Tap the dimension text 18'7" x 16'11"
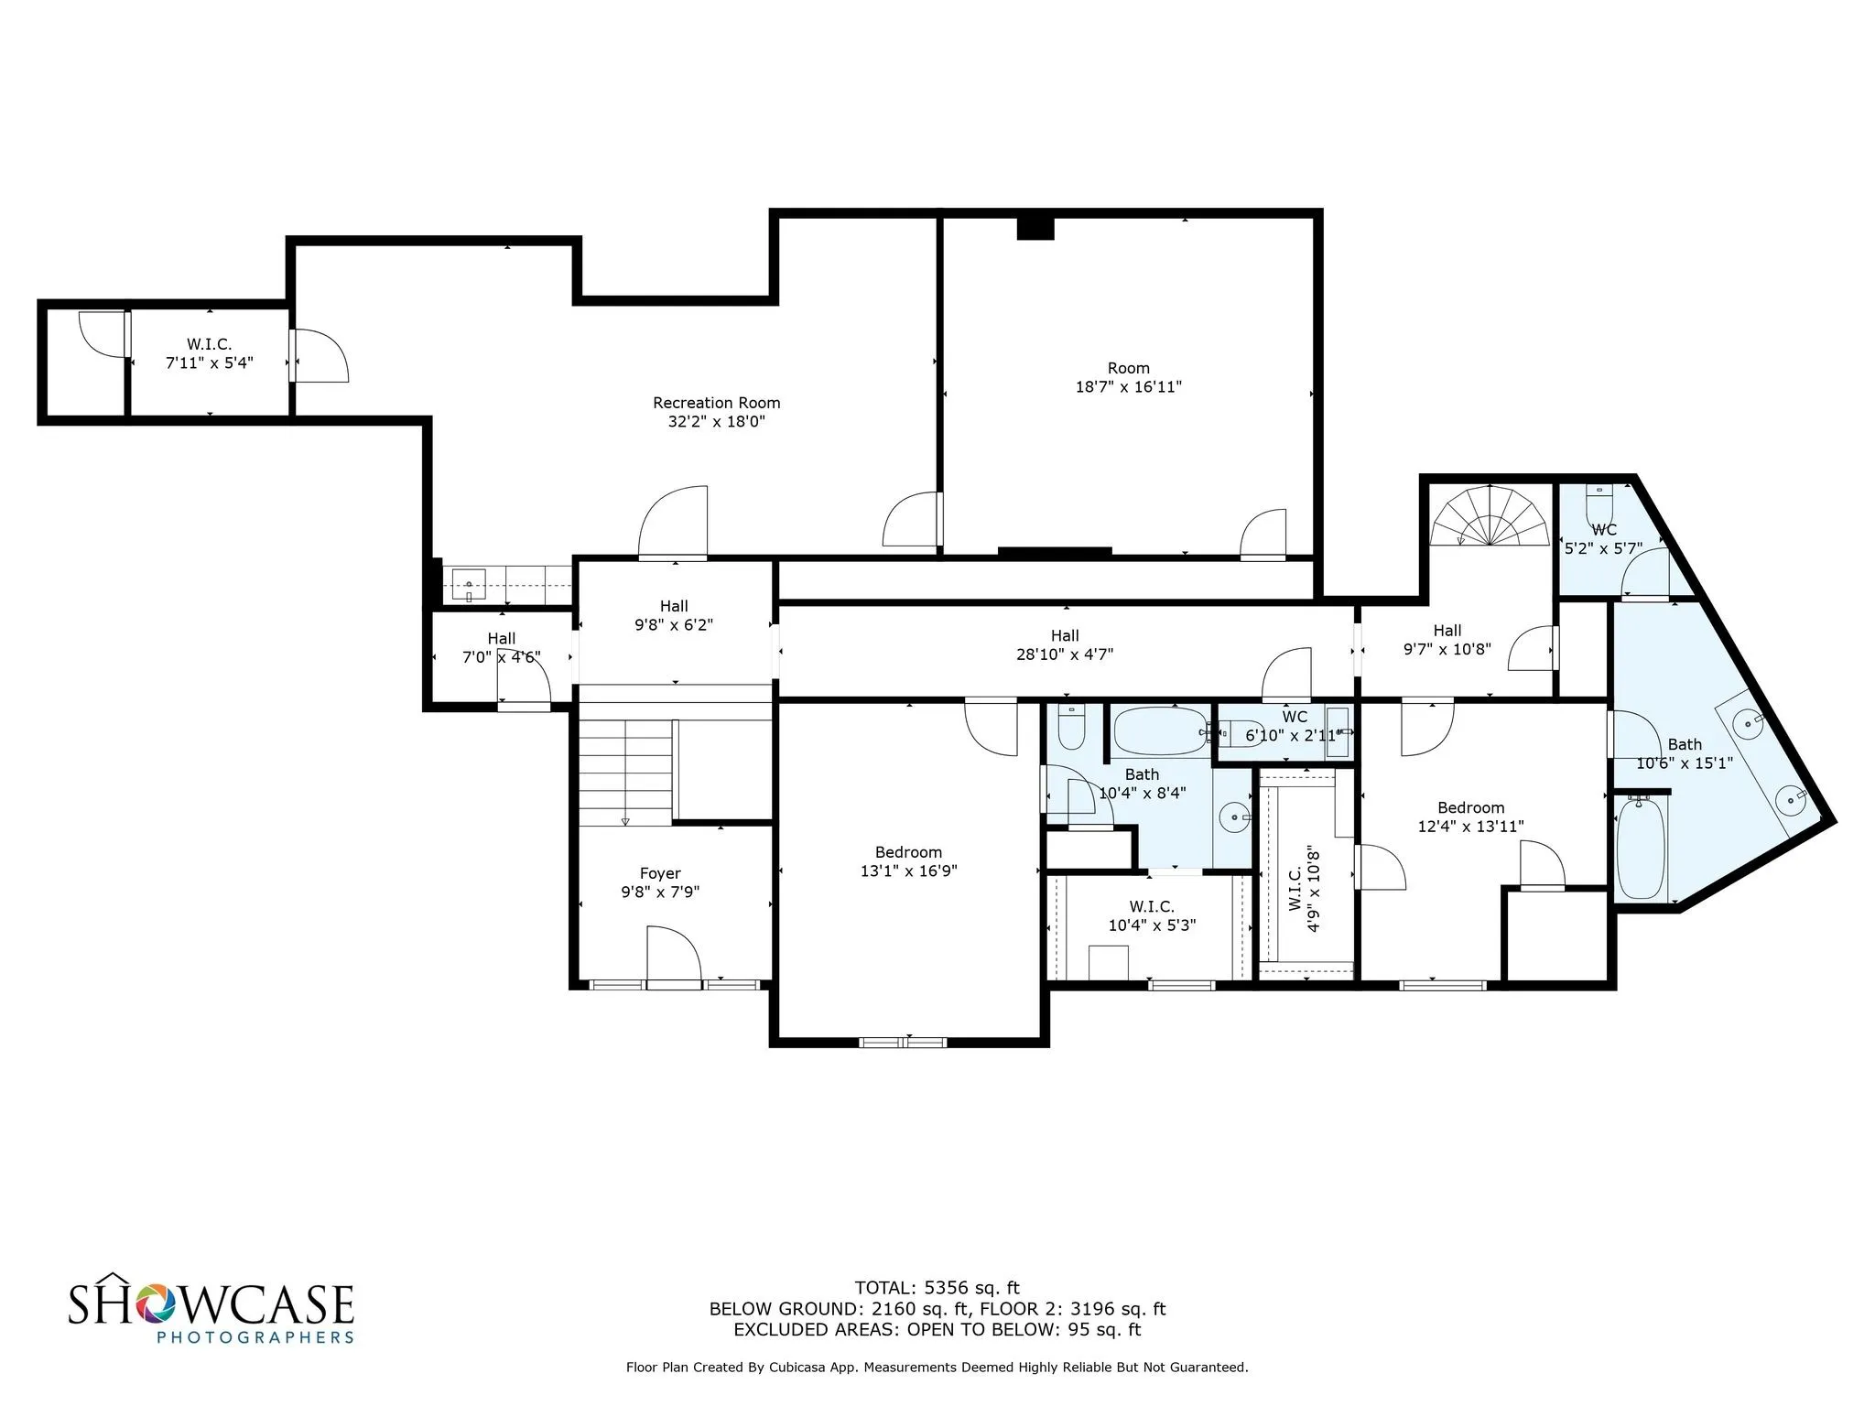(1128, 387)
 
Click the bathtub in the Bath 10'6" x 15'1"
(1641, 847)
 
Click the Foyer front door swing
(674, 956)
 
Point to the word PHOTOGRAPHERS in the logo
(255, 1336)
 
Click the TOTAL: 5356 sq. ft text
(937, 1288)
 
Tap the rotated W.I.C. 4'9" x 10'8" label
(1305, 888)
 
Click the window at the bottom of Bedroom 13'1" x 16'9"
(903, 1042)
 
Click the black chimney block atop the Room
(1035, 228)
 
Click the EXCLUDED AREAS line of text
(937, 1330)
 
